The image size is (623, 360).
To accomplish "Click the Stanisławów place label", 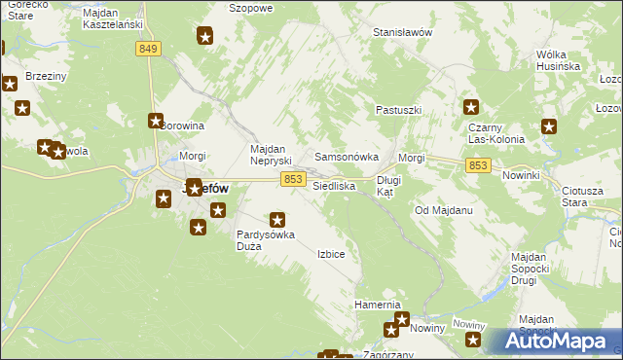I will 402,32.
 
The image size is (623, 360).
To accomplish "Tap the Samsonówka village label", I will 346,157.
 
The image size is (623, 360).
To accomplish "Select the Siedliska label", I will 333,185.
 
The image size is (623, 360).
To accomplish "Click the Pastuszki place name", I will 398,110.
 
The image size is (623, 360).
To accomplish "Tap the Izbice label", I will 331,254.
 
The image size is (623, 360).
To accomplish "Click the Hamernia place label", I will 378,305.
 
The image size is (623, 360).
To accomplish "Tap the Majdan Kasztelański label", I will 113,18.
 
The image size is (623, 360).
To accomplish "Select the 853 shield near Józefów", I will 294,179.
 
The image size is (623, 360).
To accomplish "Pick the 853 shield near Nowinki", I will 477,166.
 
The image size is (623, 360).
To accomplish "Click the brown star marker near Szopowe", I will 205,37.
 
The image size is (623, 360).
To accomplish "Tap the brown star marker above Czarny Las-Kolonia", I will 471,108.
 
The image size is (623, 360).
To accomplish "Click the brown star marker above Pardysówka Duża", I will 278,220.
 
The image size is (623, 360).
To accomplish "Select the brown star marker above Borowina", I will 156,121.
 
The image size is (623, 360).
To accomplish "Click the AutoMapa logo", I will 557,342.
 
